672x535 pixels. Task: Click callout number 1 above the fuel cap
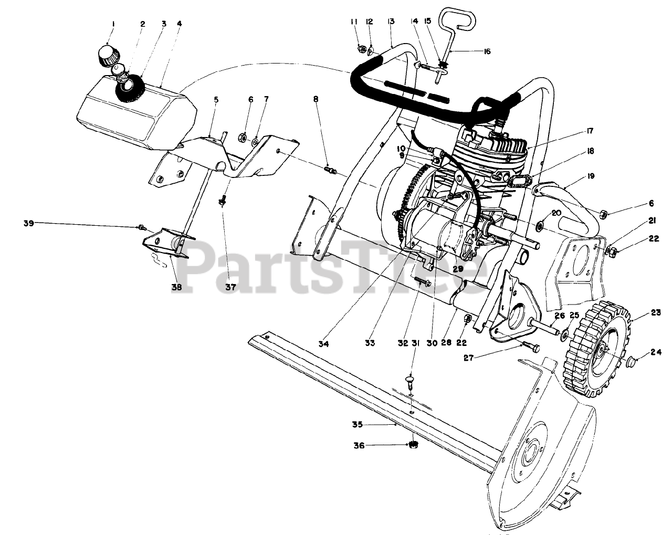pyautogui.click(x=112, y=24)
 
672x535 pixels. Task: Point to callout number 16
pyautogui.click(x=487, y=51)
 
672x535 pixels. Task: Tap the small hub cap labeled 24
pyautogui.click(x=633, y=362)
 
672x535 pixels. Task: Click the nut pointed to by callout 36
pyautogui.click(x=413, y=445)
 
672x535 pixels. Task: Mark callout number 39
pyautogui.click(x=28, y=223)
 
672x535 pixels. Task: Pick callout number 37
pyautogui.click(x=231, y=287)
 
